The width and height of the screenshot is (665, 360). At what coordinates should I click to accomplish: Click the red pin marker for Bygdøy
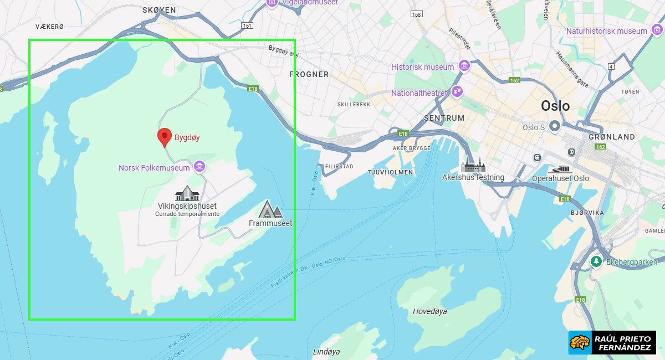pyautogui.click(x=164, y=136)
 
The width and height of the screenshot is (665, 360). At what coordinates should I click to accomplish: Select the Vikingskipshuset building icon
pyautogui.click(x=187, y=193)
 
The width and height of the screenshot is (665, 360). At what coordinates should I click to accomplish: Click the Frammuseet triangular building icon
pyautogui.click(x=270, y=209)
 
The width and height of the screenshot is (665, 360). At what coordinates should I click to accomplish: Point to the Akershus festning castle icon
pyautogui.click(x=473, y=165)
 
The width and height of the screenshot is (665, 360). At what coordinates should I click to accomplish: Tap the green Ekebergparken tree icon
pyautogui.click(x=596, y=261)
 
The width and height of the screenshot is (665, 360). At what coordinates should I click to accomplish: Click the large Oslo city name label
pyautogui.click(x=555, y=106)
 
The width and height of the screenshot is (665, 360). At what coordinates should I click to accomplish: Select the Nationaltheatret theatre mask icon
pyautogui.click(x=457, y=92)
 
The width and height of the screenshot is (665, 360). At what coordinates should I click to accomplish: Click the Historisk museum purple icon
pyautogui.click(x=464, y=66)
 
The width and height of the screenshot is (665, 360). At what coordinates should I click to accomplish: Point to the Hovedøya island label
pyautogui.click(x=429, y=311)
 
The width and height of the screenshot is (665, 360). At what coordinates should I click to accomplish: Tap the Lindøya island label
pyautogui.click(x=326, y=352)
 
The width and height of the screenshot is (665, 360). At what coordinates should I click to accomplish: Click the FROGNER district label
pyautogui.click(x=309, y=74)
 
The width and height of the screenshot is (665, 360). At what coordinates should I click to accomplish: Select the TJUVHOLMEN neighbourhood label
pyautogui.click(x=391, y=172)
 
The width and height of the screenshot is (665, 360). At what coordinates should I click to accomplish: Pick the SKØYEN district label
pyautogui.click(x=159, y=10)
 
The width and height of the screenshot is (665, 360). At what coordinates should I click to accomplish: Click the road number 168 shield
pyautogui.click(x=416, y=13)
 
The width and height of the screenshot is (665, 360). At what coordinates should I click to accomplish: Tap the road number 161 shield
pyautogui.click(x=247, y=25)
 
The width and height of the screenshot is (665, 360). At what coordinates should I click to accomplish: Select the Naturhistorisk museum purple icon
pyautogui.click(x=657, y=31)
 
